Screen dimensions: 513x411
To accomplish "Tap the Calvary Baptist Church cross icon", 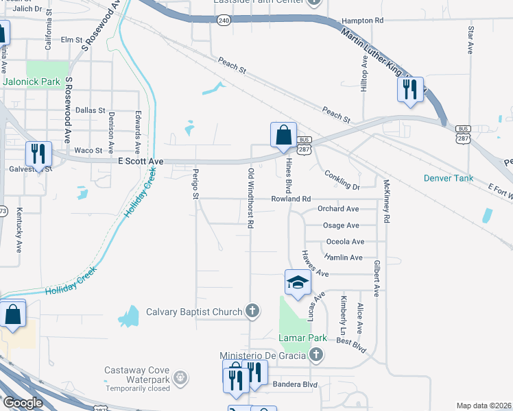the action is (x=252, y=312).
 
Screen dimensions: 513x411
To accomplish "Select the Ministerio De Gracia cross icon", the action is (x=315, y=355).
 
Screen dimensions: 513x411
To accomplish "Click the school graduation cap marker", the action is (x=297, y=283).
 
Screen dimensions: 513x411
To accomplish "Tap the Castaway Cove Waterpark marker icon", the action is (x=180, y=376).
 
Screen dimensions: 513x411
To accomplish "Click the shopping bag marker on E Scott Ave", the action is (x=283, y=136).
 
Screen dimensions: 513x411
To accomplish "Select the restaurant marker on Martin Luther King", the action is (x=410, y=90).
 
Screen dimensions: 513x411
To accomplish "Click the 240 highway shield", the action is (x=224, y=21).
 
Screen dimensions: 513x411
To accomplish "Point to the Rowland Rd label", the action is (x=291, y=199).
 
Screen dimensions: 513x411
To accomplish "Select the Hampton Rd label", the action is (x=361, y=21).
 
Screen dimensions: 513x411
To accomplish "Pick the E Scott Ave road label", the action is (x=141, y=161).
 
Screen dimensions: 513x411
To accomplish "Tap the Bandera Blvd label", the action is (x=295, y=384).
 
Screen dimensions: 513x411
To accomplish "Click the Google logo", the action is (x=22, y=403).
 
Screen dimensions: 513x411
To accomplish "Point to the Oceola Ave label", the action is (x=345, y=242).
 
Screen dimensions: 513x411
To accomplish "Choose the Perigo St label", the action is (x=195, y=185).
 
